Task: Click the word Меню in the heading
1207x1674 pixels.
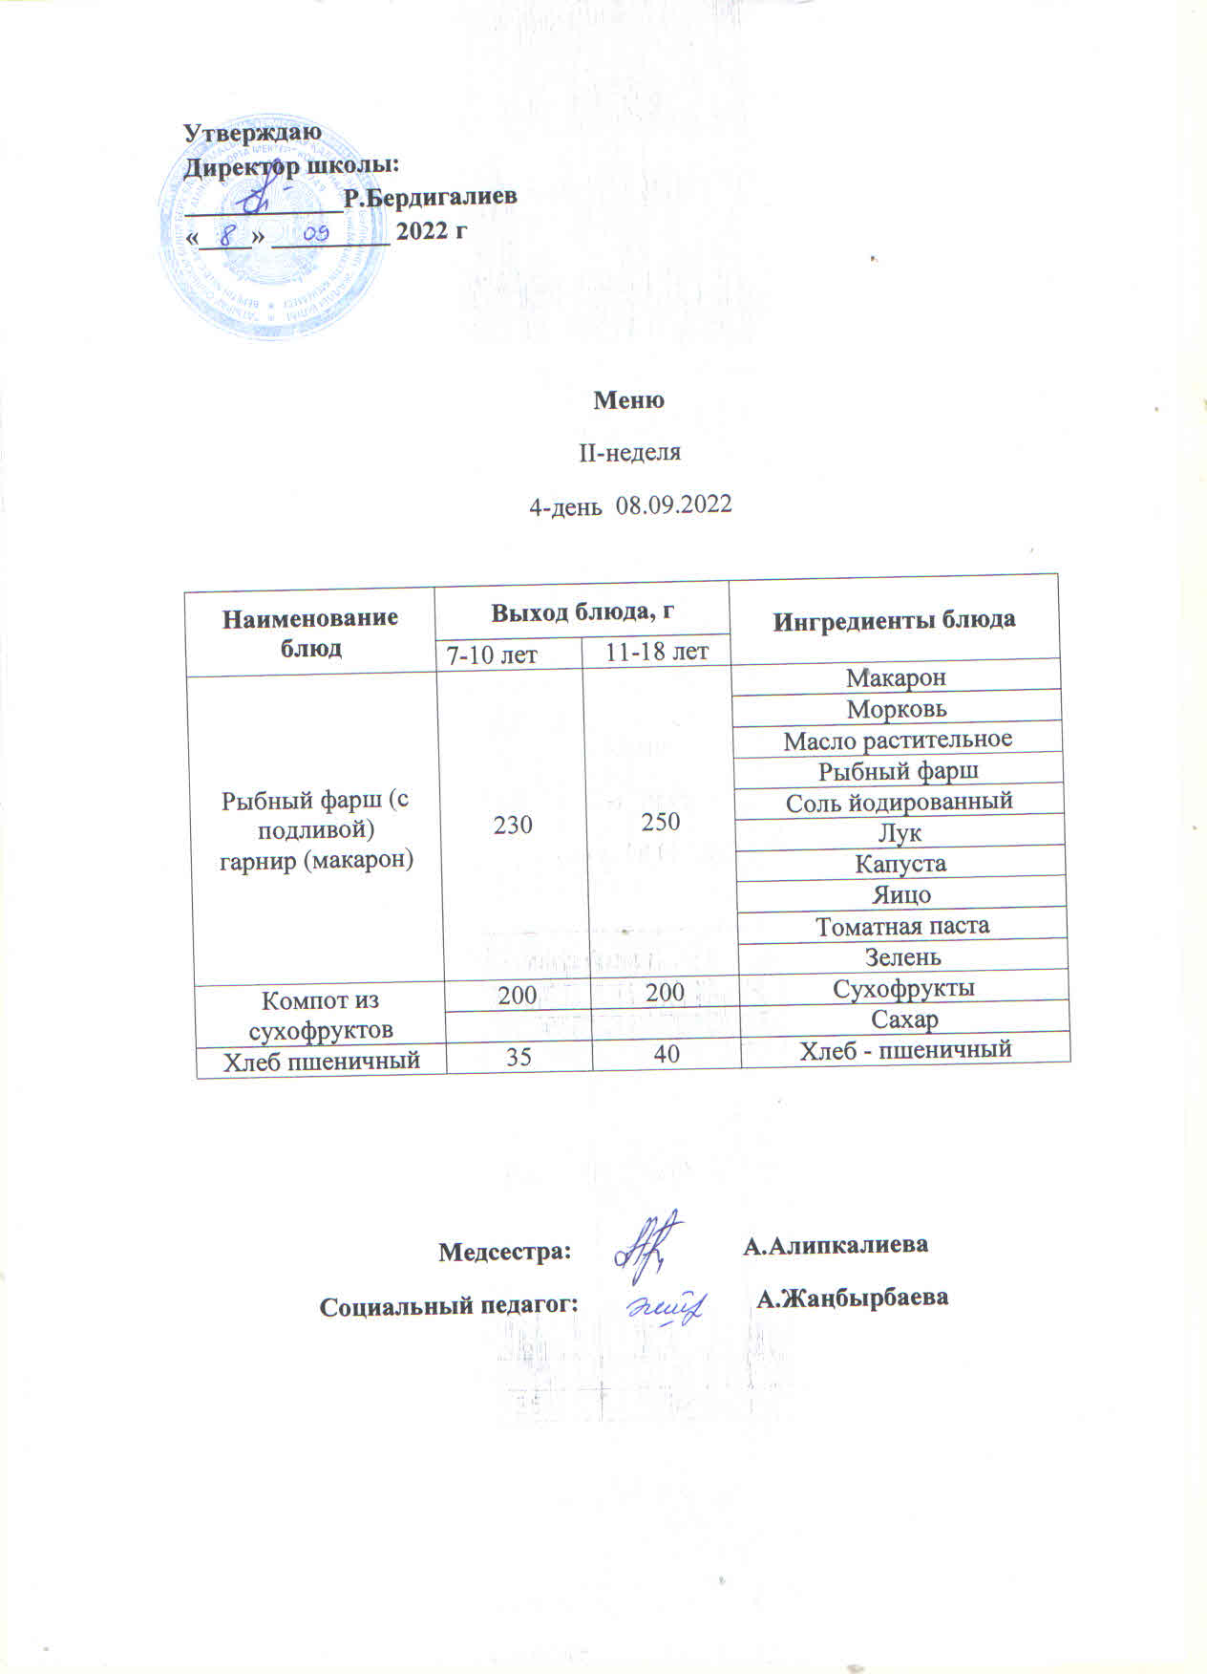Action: (628, 400)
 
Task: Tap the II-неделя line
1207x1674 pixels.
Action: (630, 452)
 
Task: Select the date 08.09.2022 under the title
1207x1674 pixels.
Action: (674, 504)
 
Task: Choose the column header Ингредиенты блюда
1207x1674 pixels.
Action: (893, 620)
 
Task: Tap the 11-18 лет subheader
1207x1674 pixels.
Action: (657, 652)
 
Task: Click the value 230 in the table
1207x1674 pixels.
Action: (513, 825)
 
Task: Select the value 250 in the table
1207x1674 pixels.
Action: (661, 822)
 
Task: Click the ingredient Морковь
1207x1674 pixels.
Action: (897, 709)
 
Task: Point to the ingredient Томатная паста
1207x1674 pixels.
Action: (902, 926)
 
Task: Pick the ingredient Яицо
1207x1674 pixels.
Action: (901, 895)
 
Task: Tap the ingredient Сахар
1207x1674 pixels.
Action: (904, 1019)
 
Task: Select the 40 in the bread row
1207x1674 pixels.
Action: (667, 1054)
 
